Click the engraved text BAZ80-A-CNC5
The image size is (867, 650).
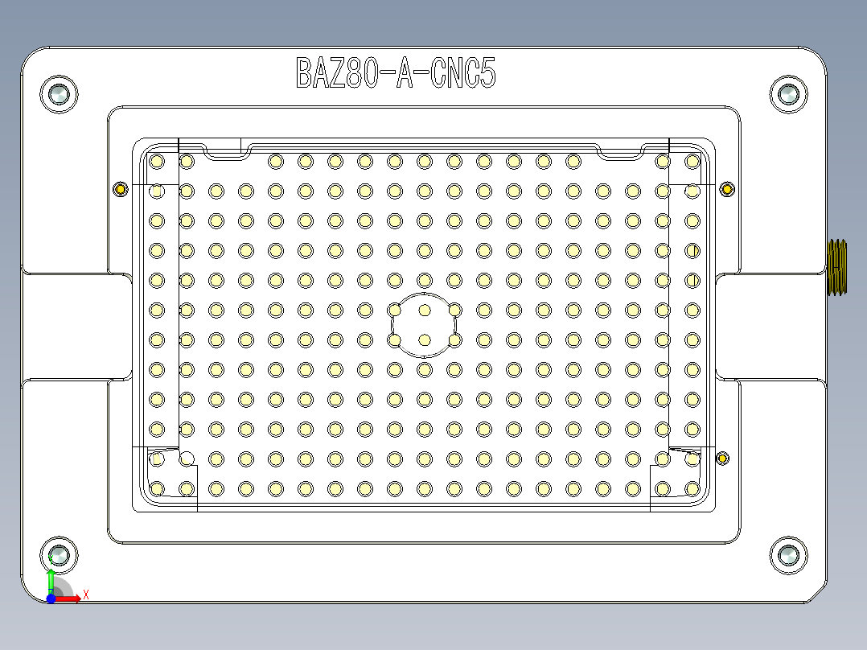coord(396,73)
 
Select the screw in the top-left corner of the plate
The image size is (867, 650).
coord(59,95)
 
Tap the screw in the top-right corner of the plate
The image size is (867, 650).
coord(787,95)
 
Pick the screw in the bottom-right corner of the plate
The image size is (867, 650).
coord(787,555)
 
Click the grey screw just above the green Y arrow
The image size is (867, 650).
coord(60,554)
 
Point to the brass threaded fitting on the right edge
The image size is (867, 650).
coord(838,267)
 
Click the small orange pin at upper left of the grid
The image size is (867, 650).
coord(121,189)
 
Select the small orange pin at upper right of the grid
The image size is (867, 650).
coord(727,189)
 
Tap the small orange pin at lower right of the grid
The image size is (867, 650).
coord(722,459)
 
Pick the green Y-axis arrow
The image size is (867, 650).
coord(51,581)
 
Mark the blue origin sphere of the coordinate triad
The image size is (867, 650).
coord(51,599)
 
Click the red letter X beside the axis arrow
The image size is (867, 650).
coord(85,594)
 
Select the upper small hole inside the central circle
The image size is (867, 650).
coord(425,311)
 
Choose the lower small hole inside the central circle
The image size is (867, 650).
coord(425,339)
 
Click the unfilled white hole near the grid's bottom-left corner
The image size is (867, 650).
coord(187,459)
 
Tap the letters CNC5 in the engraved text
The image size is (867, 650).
coord(462,73)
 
